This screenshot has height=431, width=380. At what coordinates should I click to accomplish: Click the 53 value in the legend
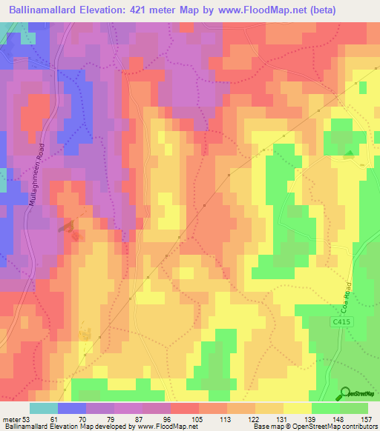pyautogui.click(x=30, y=418)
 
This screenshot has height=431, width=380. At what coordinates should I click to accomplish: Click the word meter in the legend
pyautogui.click(x=12, y=418)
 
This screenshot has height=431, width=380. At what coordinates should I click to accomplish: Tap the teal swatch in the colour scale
pyautogui.click(x=44, y=408)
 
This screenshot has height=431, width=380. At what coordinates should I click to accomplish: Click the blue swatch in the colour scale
pyautogui.click(x=72, y=408)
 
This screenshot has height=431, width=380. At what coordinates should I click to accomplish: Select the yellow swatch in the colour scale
pyautogui.click(x=298, y=408)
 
